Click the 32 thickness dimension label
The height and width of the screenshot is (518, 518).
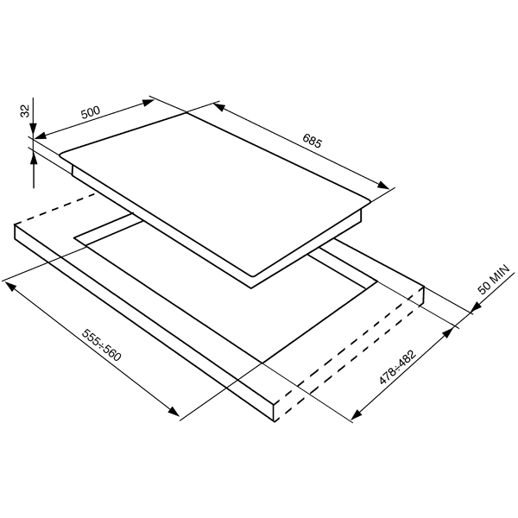25,111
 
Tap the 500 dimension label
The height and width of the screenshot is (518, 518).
91,112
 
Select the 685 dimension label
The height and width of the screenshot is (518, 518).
312,141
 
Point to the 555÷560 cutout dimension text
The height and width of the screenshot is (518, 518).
101,344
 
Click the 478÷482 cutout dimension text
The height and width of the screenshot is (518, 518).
397,368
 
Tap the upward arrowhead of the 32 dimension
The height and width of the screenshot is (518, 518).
34,160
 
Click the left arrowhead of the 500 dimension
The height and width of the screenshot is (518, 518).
41,136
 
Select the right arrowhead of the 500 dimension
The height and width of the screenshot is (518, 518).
148,102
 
